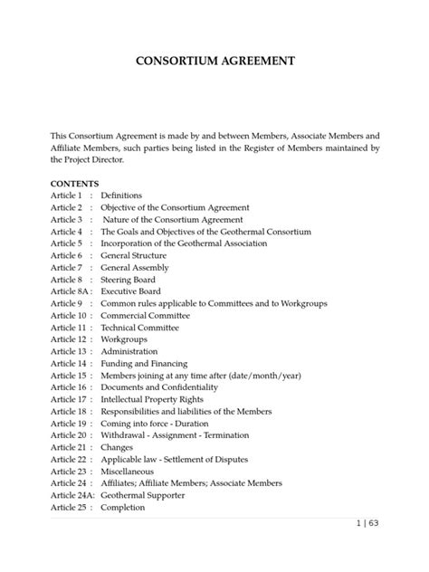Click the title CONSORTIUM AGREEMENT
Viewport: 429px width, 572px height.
pos(214,62)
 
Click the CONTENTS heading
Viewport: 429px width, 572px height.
pos(75,183)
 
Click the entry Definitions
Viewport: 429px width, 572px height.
pos(121,195)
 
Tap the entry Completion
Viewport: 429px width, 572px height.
pos(124,508)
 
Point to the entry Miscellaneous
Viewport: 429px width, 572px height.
pos(128,471)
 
